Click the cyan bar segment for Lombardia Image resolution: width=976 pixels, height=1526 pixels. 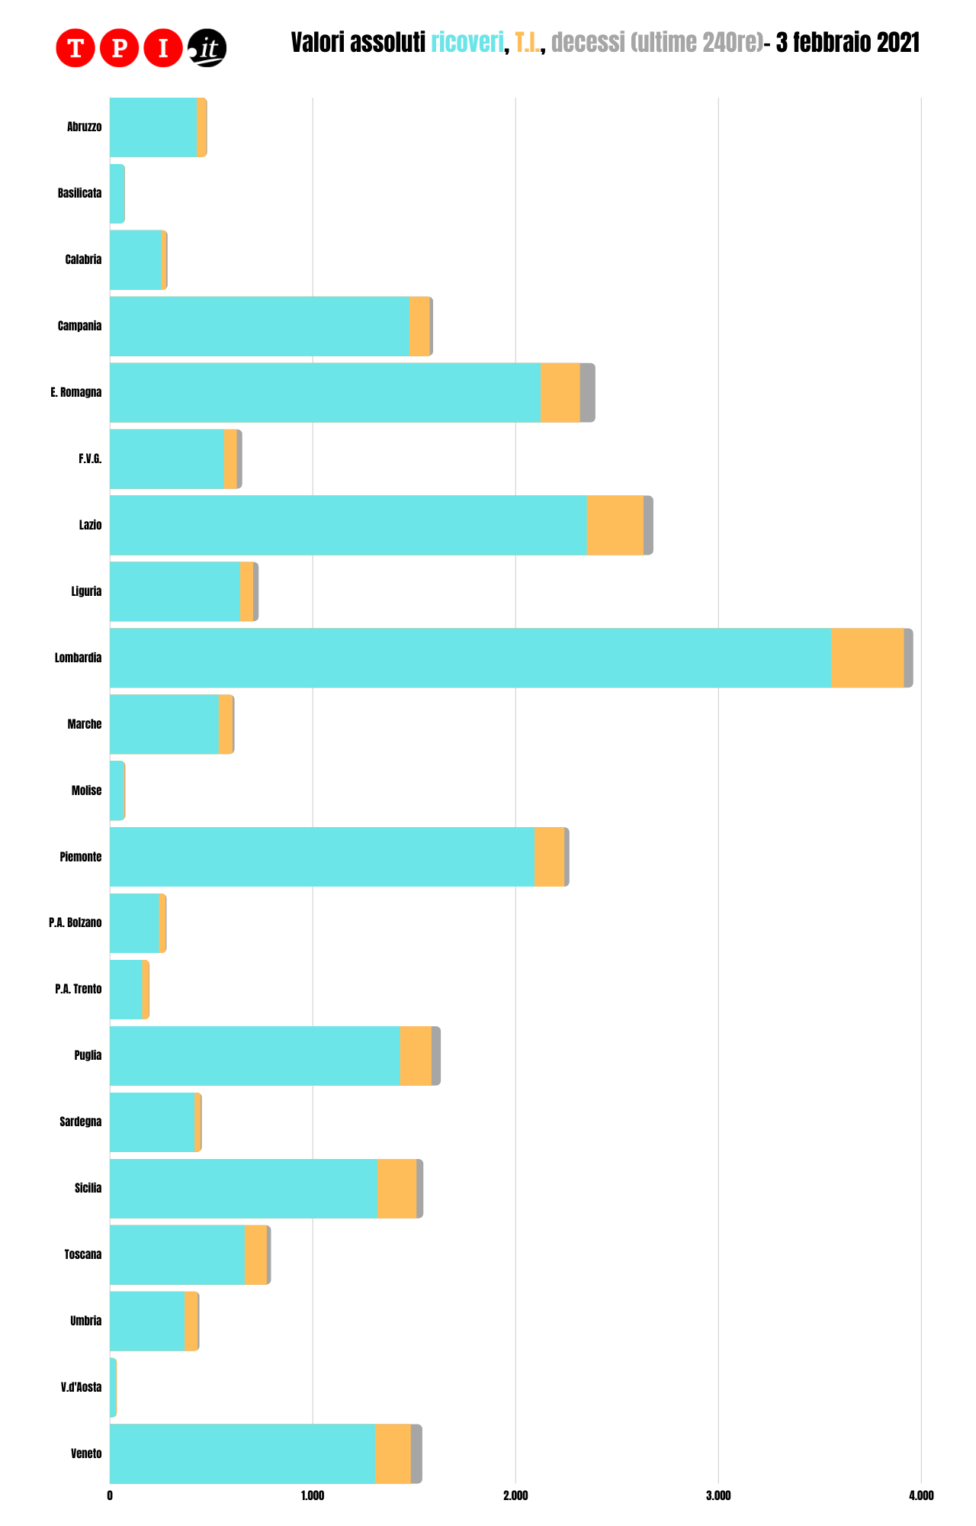470,658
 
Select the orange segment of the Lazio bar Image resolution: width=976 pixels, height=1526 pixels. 615,525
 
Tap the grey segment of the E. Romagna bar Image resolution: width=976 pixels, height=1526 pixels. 587,392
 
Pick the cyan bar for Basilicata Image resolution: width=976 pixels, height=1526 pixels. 117,194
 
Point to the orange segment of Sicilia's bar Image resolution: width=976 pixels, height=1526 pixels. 396,1188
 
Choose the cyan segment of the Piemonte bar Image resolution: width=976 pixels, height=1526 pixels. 322,857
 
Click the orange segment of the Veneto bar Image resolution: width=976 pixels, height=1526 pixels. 393,1454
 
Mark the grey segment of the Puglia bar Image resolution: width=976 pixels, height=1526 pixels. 436,1055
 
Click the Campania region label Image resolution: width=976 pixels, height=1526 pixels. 79,326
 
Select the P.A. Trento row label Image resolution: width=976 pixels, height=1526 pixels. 78,989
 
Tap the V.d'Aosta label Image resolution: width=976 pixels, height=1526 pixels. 81,1387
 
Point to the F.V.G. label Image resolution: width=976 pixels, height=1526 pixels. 89,459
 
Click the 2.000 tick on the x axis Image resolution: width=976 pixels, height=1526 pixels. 515,1495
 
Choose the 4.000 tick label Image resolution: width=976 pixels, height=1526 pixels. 921,1495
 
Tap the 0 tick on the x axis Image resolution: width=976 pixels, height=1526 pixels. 111,1495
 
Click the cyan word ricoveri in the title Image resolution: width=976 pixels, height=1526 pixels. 467,43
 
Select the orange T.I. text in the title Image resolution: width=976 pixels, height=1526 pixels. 528,43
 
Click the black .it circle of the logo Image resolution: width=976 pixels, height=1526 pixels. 207,48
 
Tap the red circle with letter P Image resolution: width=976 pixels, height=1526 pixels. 119,48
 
